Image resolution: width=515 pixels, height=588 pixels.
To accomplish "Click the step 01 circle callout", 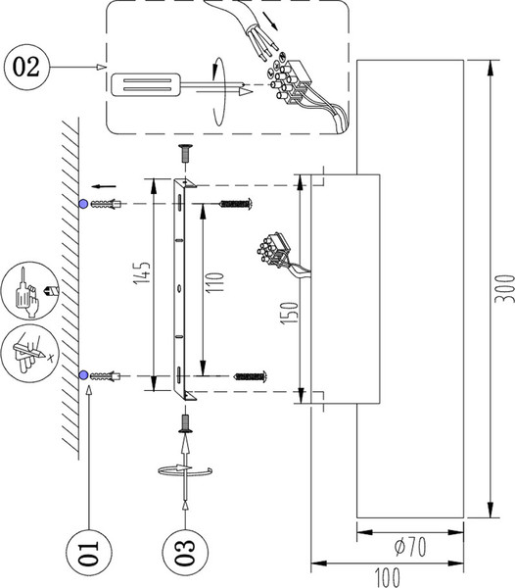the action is point(89,552).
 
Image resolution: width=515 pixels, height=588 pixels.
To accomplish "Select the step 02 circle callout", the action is point(26,67).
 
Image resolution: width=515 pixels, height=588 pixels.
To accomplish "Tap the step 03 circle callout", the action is point(185,552).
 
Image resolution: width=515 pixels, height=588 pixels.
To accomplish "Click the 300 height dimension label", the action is point(504,289).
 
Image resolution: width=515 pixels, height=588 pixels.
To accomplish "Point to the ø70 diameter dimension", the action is point(410,547).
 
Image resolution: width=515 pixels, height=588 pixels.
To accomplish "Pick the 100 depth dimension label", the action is point(388,577).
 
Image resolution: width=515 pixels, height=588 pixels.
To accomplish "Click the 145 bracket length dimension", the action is point(142,272).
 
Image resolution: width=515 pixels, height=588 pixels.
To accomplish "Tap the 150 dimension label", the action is point(290,314).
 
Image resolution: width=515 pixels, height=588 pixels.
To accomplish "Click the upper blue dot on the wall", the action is point(83,204).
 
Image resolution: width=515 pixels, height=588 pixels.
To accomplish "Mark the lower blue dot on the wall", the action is point(83,375).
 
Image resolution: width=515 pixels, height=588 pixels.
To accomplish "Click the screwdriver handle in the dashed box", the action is point(145,84).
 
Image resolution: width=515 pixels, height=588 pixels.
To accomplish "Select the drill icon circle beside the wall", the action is point(30,291).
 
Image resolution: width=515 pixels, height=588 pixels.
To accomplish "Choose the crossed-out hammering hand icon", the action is point(30,354).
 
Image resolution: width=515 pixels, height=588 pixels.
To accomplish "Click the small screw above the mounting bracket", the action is point(185,153).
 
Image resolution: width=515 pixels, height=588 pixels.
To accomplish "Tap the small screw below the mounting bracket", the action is point(185,424).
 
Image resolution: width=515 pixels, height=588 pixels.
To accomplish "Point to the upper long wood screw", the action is point(236,204).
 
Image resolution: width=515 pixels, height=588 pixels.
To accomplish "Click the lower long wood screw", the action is point(250,376).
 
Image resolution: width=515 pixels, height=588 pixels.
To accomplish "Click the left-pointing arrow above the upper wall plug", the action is point(104,186).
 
